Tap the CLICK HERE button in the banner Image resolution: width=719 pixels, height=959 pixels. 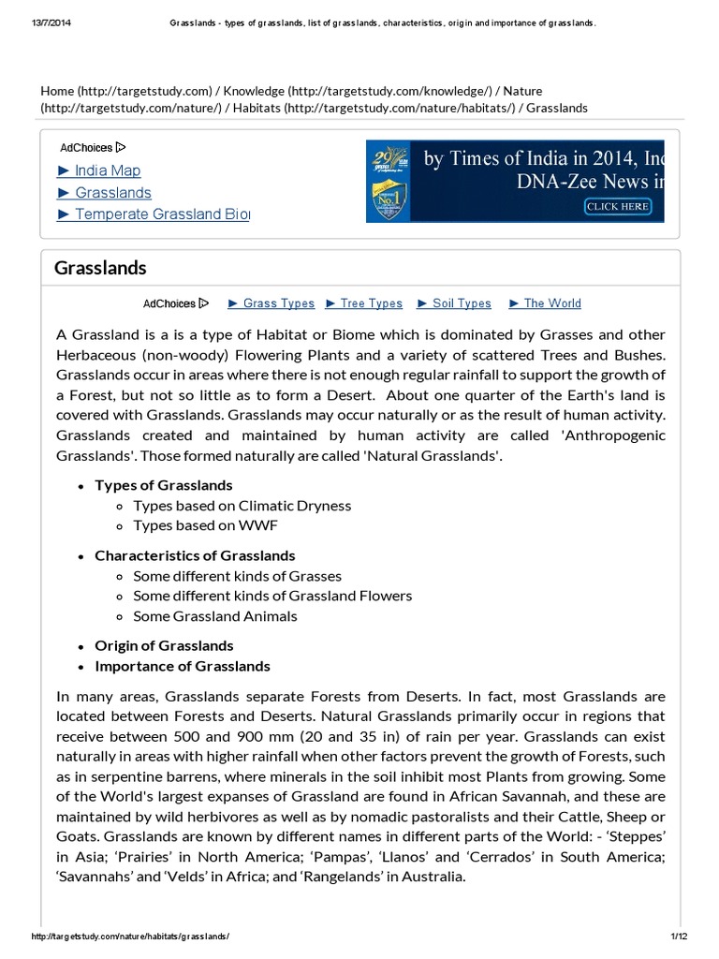[x=617, y=206]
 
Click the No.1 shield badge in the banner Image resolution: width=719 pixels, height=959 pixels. [x=389, y=196]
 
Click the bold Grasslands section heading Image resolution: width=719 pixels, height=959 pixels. [x=100, y=268]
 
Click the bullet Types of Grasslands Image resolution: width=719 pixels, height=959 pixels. [x=164, y=485]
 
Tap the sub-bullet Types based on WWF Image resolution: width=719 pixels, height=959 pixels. [x=205, y=525]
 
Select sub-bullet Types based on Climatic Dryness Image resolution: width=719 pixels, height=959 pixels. [x=242, y=506]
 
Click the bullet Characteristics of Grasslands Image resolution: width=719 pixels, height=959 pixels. [x=195, y=555]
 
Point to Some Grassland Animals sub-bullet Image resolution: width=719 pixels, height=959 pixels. [x=214, y=616]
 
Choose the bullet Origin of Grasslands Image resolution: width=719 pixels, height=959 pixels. [x=164, y=646]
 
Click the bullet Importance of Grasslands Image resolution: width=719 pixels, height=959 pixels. [x=182, y=666]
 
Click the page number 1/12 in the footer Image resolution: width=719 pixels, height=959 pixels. [x=679, y=937]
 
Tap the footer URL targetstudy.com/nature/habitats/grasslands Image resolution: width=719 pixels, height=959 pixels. [x=130, y=937]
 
